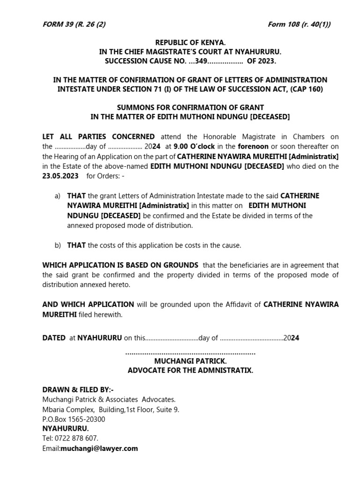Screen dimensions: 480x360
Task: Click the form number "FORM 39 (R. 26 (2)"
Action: pos(74,24)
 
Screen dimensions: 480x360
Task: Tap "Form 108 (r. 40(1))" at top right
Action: pos(299,24)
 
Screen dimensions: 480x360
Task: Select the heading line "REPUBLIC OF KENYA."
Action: pos(190,43)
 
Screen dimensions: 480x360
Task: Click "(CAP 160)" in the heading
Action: pos(306,89)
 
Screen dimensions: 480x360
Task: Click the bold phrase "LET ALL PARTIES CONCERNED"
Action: pos(98,137)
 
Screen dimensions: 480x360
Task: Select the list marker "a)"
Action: pos(58,196)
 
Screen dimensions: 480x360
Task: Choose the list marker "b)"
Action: pos(58,245)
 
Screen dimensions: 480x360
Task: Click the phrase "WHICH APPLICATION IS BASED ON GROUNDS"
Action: pos(120,265)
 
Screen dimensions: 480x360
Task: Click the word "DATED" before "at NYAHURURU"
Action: pos(54,337)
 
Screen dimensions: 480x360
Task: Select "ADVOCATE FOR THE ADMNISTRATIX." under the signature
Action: pos(190,370)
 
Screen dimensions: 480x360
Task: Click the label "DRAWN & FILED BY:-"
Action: pos(78,390)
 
